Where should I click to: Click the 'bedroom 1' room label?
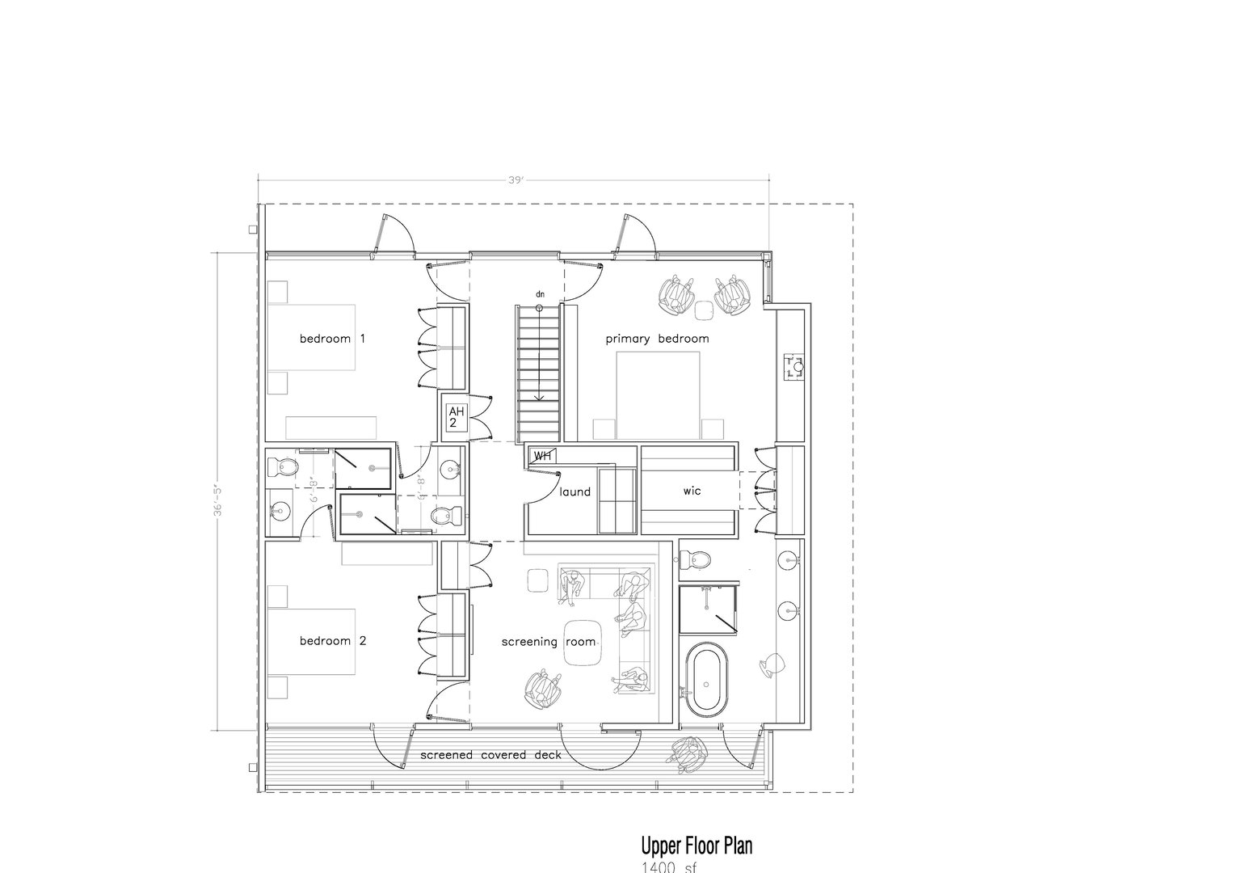[x=332, y=339]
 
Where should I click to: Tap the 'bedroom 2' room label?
[x=332, y=641]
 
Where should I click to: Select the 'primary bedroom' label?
[x=657, y=339]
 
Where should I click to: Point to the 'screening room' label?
[x=548, y=642]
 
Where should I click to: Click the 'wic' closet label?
[x=692, y=491]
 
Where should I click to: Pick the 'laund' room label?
[x=574, y=491]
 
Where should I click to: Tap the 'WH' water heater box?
[x=542, y=457]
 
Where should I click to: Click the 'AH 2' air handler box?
[x=453, y=417]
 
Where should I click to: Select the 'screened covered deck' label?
[x=490, y=756]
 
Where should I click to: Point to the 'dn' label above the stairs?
[x=539, y=294]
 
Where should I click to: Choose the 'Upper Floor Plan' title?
[x=696, y=846]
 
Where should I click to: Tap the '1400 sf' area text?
[x=668, y=867]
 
